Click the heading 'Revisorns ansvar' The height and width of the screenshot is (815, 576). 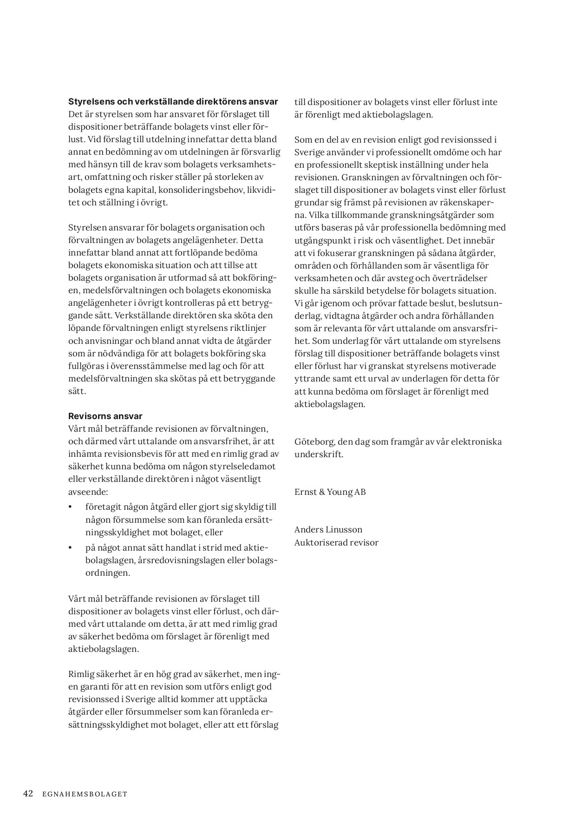pos(105,416)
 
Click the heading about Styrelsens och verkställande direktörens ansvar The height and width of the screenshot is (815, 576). pos(173,102)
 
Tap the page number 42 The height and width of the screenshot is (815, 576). pos(28,794)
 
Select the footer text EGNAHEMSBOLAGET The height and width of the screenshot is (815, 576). pos(85,794)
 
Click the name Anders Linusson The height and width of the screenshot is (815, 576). pos(328,529)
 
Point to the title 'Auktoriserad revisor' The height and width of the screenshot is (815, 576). pos(336,542)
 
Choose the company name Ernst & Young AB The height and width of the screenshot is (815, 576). pos(330,492)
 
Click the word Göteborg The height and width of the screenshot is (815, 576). pos(314,441)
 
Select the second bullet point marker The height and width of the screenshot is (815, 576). pos(71,548)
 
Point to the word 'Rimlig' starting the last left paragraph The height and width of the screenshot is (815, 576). pos(81,674)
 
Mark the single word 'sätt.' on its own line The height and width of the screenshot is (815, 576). pos(77,391)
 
